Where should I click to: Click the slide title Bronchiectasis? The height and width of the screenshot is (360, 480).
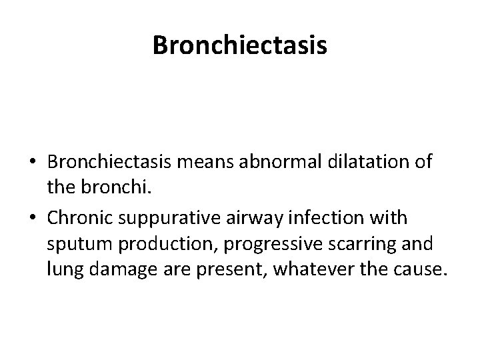(239, 45)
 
